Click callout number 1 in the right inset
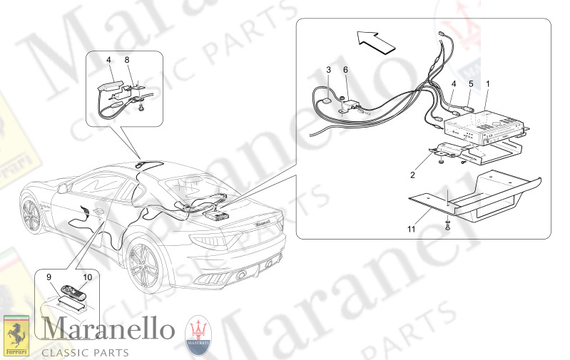pos(488,84)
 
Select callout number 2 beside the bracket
pos(413,174)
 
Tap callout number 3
pos(328,70)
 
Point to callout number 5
pos(471,84)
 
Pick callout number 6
pos(345,70)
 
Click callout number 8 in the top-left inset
pos(127,61)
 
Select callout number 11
pos(411,228)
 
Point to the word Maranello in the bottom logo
pos(108,330)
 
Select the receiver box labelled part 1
pos(483,128)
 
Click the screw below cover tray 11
pos(447,226)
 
